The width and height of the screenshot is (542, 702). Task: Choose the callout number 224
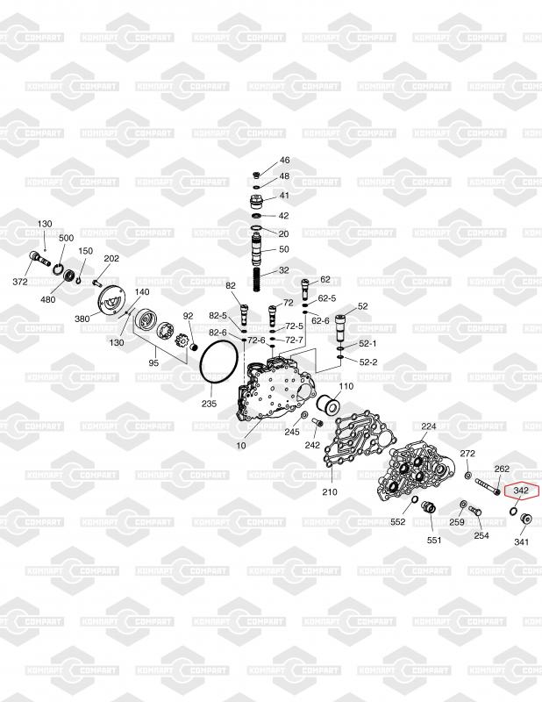click(428, 426)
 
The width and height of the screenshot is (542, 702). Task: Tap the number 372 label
click(20, 282)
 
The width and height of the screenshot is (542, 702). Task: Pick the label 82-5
click(218, 316)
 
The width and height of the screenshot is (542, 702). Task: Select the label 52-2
click(367, 362)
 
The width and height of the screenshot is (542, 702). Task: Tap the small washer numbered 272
click(468, 476)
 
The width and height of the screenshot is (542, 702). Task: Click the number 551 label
click(434, 540)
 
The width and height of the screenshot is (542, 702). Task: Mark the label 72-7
click(294, 340)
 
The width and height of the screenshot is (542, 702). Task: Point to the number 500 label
click(66, 238)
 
